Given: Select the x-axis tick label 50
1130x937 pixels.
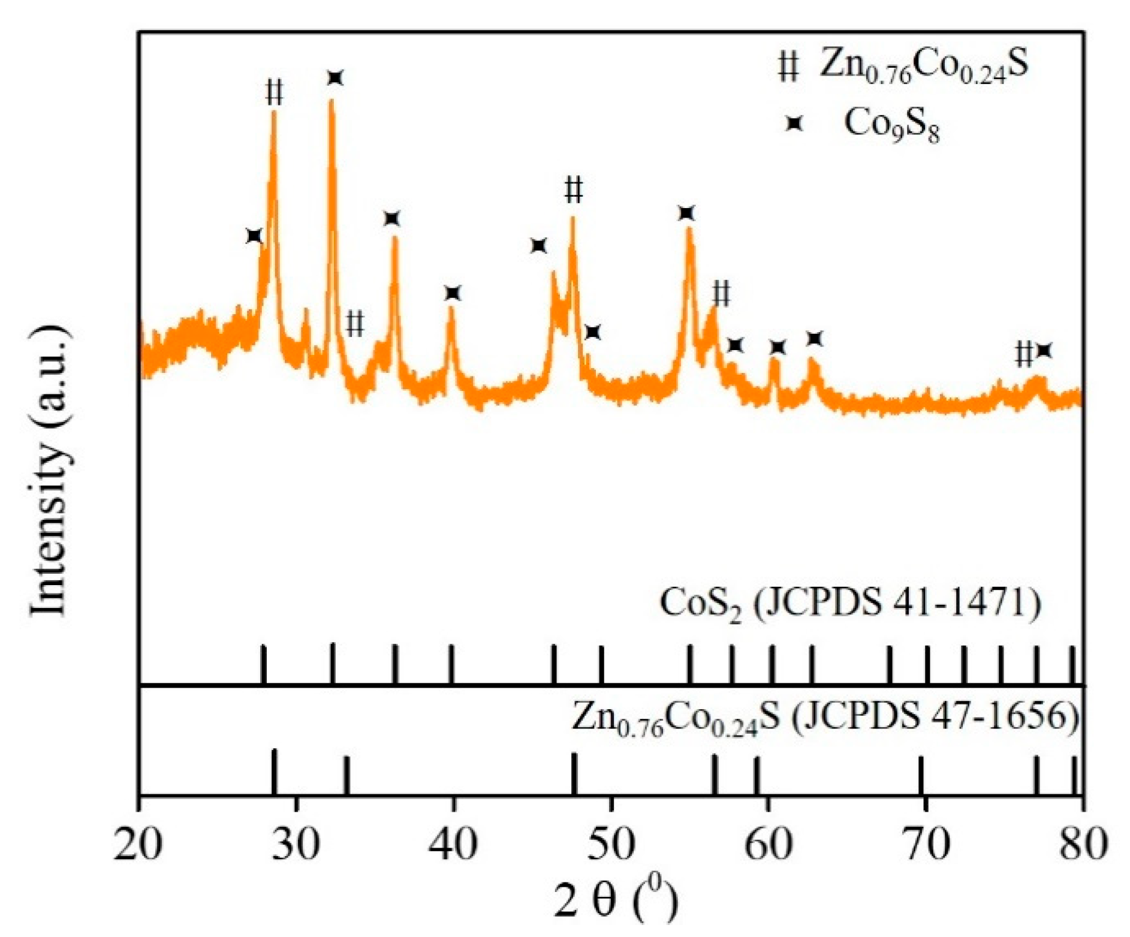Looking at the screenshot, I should pos(610,845).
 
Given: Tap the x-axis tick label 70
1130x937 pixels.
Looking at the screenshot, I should pos(925,845).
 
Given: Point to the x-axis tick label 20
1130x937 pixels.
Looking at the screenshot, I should pos(138,845).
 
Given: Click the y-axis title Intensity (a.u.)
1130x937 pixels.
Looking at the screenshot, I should pos(50,471).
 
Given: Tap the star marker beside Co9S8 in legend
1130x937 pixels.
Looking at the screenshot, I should pos(794,123).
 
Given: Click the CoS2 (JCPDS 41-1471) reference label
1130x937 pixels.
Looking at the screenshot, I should pos(851,604).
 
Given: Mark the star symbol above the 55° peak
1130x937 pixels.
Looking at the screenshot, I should pos(686,213).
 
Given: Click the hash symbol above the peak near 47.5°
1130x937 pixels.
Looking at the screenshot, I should pos(573,190).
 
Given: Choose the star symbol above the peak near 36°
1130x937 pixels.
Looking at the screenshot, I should pos(391,219).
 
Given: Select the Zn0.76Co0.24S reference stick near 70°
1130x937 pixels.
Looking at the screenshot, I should pos(921,775).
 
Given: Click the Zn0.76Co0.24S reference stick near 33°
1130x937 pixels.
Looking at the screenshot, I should pos(346,775).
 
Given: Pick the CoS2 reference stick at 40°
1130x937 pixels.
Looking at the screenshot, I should pos(451,664).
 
